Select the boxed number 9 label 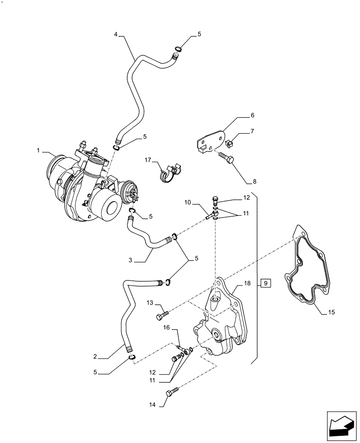coord(265,283)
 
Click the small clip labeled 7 coord(229,143)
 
